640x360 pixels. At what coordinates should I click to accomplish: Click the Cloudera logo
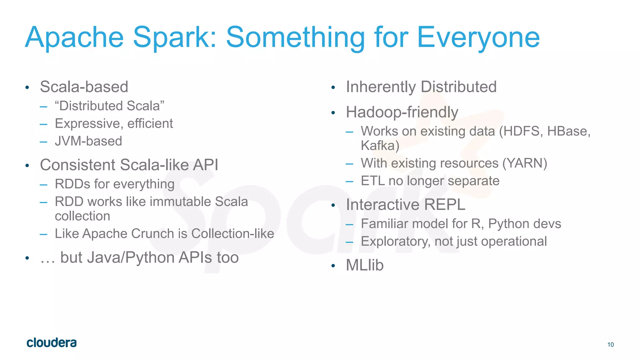coord(52,343)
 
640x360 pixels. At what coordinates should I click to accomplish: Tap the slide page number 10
coord(610,345)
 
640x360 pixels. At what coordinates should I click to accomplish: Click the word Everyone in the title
coord(478,37)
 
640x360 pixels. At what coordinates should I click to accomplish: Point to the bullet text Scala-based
coord(84,87)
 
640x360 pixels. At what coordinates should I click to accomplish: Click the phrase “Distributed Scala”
coord(109,106)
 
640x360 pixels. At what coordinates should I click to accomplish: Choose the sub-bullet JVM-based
coord(88,141)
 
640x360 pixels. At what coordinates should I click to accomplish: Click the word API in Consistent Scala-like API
coord(205,165)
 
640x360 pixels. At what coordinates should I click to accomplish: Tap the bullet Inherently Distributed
coord(421,87)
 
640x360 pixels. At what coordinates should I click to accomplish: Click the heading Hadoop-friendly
coord(402,112)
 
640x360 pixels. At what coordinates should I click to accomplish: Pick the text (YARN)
coord(525,163)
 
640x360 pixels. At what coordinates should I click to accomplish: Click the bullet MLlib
coord(365,265)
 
